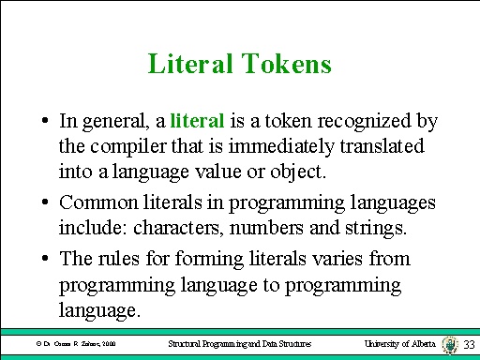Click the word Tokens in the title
coord(290,65)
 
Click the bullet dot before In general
coord(45,122)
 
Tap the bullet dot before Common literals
coord(45,201)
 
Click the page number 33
coord(469,345)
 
